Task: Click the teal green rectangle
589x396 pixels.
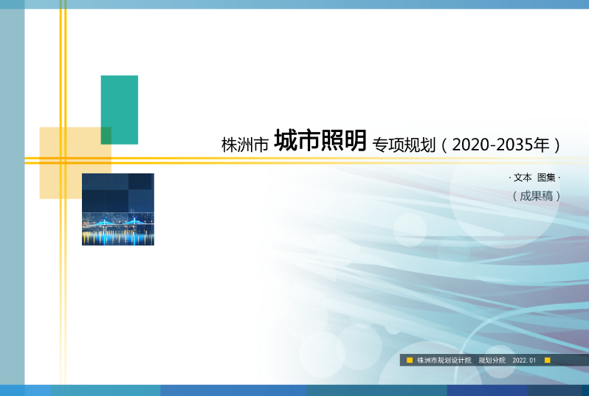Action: point(120,109)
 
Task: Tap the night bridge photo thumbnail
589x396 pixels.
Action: point(118,209)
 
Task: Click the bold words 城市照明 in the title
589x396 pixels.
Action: point(320,141)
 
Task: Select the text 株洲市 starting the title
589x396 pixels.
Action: point(244,144)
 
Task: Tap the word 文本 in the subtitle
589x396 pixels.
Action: point(523,178)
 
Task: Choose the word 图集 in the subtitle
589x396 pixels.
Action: point(546,178)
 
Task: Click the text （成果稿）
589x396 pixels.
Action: point(537,196)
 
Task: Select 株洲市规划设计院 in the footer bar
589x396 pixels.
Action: point(444,361)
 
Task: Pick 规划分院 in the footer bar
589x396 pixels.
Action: point(492,361)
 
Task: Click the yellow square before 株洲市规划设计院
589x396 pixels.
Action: point(410,361)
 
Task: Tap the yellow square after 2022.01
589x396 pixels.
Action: point(548,361)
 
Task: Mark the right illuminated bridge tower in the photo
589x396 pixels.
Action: point(134,220)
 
